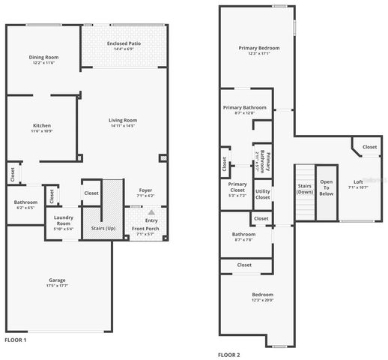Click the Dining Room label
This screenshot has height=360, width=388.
(43, 57)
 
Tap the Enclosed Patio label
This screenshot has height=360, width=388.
(124, 44)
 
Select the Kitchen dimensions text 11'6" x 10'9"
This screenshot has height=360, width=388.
(41, 131)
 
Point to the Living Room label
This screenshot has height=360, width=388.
(122, 120)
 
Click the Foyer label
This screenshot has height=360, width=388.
(145, 190)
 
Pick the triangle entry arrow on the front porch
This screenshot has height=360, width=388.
(152, 213)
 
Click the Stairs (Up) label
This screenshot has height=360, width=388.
(103, 228)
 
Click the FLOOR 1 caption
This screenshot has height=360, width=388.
(16, 340)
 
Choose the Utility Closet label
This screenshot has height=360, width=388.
(262, 194)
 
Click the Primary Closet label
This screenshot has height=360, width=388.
(237, 187)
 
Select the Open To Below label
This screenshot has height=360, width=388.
(326, 187)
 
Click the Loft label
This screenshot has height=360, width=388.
(358, 181)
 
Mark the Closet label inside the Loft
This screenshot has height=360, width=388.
(369, 148)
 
